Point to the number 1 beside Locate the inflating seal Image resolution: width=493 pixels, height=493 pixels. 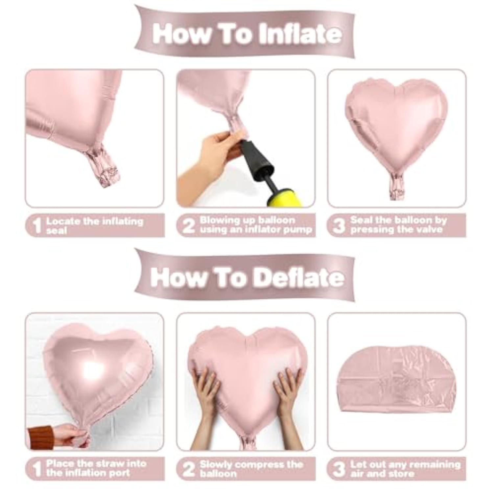(x=37, y=226)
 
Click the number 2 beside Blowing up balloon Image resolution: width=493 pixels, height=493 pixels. (x=188, y=226)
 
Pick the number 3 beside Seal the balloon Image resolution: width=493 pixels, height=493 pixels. (x=339, y=226)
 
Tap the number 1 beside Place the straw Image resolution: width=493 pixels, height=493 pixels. (x=37, y=469)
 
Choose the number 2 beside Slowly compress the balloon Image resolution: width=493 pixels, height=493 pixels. (x=188, y=469)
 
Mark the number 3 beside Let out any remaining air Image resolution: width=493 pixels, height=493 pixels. (x=339, y=469)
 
